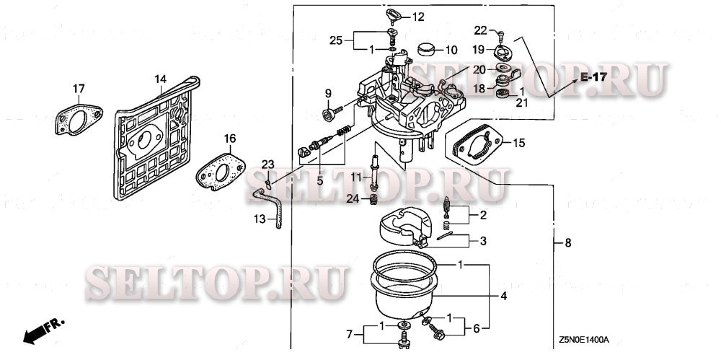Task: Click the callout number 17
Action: coord(78,89)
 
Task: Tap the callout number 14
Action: coord(160,78)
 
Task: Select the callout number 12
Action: coord(418,17)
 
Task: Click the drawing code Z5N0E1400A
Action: coord(583,338)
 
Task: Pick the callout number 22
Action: coord(480,30)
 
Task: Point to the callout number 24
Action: coord(352,198)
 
